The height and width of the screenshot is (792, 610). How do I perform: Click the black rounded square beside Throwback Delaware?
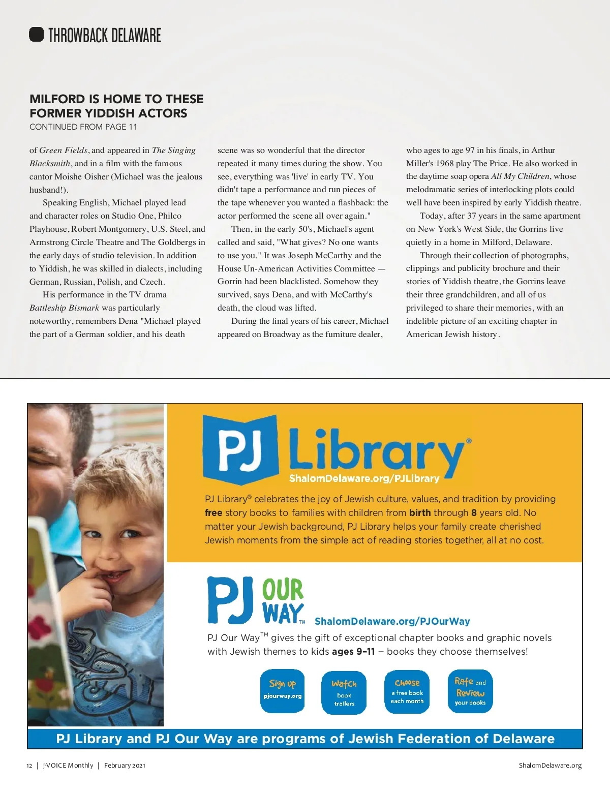(37, 35)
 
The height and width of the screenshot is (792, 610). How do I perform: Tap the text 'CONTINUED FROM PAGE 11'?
(83, 127)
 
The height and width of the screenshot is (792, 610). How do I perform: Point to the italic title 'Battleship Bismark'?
(64, 308)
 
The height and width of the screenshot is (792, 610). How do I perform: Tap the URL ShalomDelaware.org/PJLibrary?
(364, 479)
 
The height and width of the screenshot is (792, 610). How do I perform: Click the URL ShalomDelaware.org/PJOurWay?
(392, 621)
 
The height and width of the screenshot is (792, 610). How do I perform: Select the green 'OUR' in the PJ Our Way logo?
(283, 590)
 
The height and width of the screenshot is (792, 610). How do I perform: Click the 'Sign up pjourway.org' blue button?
(283, 691)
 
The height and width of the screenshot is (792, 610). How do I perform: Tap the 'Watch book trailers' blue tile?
(344, 692)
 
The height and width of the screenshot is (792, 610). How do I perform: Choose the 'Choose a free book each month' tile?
(407, 691)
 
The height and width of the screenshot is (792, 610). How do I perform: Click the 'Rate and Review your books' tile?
(470, 691)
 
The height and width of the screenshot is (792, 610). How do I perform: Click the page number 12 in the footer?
(29, 766)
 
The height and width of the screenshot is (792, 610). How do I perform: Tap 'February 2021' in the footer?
(125, 766)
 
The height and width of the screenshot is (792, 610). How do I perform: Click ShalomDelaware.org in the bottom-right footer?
(550, 766)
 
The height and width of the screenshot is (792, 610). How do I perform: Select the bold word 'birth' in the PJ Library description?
(420, 513)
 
